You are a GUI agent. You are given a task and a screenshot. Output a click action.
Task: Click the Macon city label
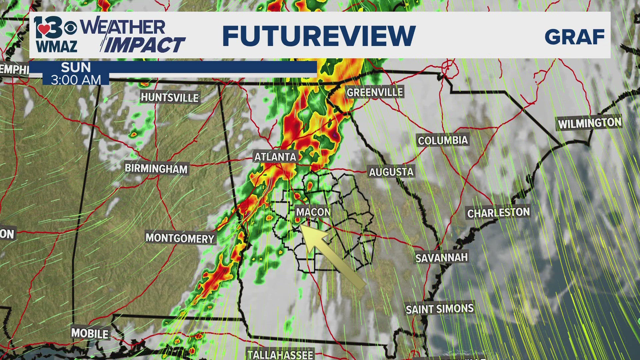(x=313, y=212)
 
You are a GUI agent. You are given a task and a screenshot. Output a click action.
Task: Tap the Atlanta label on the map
(x=275, y=157)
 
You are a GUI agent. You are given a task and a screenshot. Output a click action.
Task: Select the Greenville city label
(x=375, y=92)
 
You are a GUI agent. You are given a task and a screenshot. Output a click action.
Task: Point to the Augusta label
(x=391, y=172)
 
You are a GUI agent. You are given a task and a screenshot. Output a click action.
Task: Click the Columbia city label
(x=443, y=141)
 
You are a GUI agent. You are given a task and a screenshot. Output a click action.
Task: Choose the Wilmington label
(x=589, y=123)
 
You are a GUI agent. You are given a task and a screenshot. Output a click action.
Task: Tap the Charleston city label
(x=498, y=213)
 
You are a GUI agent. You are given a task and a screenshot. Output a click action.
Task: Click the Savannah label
(x=441, y=258)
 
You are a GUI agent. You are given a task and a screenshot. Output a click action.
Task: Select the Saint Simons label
(x=439, y=309)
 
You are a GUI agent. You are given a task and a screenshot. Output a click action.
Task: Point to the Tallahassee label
(x=280, y=354)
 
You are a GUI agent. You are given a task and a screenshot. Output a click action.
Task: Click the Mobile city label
(x=90, y=333)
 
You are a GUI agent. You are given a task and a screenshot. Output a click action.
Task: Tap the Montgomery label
(x=180, y=238)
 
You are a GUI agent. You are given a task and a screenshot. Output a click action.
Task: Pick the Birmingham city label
(x=156, y=168)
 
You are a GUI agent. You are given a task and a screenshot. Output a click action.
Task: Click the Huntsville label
(x=170, y=97)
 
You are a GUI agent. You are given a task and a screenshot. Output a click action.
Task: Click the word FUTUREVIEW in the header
(x=319, y=36)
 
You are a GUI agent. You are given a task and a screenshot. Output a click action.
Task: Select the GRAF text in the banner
(x=574, y=37)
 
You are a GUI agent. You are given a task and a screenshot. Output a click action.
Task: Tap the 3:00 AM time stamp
(x=76, y=80)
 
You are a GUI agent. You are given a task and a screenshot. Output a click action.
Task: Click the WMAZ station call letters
(x=57, y=47)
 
